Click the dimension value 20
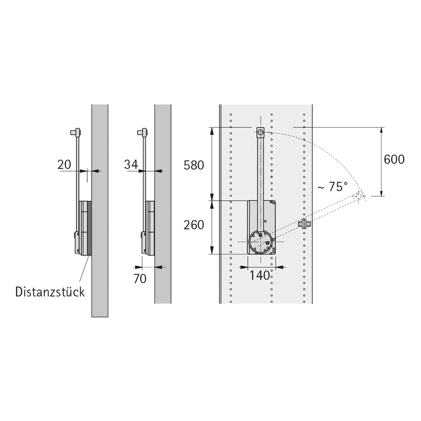pyautogui.click(x=64, y=165)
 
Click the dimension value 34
pyautogui.click(x=131, y=165)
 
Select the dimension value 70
pyautogui.click(x=140, y=279)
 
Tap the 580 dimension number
pyautogui.click(x=194, y=165)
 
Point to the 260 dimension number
pyautogui.click(x=194, y=225)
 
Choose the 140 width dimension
pyautogui.click(x=260, y=275)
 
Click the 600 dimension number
pyautogui.click(x=394, y=159)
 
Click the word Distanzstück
pyautogui.click(x=50, y=292)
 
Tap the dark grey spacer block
pyautogui.click(x=89, y=228)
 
